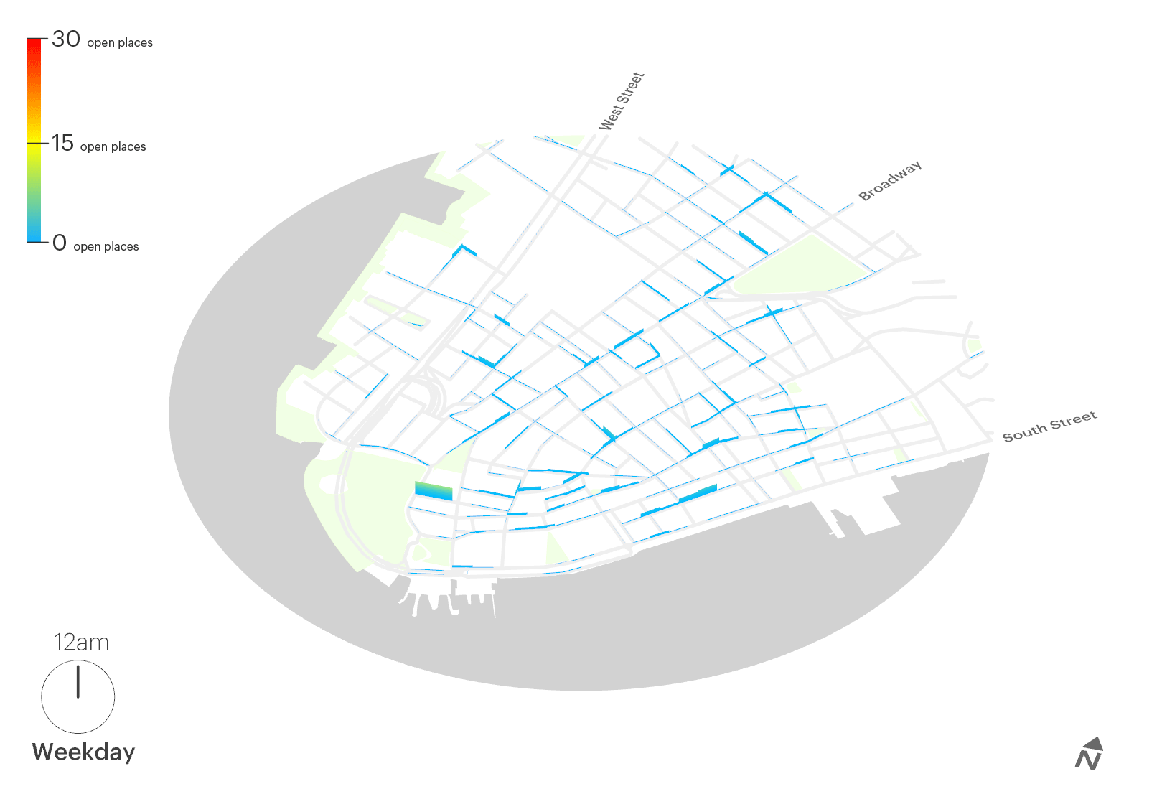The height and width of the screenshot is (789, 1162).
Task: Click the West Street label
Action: click(x=622, y=101)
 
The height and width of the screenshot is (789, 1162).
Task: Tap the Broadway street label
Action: click(x=889, y=181)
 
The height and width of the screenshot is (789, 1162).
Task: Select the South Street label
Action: click(x=1049, y=426)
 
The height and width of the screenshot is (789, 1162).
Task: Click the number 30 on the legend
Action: click(x=66, y=39)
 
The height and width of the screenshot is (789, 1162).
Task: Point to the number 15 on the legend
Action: click(x=63, y=144)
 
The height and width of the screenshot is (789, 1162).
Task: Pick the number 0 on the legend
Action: click(x=60, y=243)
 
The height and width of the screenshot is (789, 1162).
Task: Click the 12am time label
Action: click(x=82, y=643)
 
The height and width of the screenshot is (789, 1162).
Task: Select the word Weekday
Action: click(x=83, y=752)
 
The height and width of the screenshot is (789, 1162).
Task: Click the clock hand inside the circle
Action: click(x=78, y=681)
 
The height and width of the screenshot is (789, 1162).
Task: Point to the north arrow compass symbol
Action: click(x=1090, y=754)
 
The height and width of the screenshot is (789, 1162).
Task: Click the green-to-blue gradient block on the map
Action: click(x=434, y=491)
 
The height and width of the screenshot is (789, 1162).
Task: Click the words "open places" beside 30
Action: click(x=120, y=43)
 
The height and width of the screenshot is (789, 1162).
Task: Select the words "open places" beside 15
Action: click(x=113, y=147)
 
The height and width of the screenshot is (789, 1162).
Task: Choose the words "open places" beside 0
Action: click(x=106, y=247)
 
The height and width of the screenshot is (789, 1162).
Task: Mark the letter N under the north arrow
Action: click(x=1087, y=760)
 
